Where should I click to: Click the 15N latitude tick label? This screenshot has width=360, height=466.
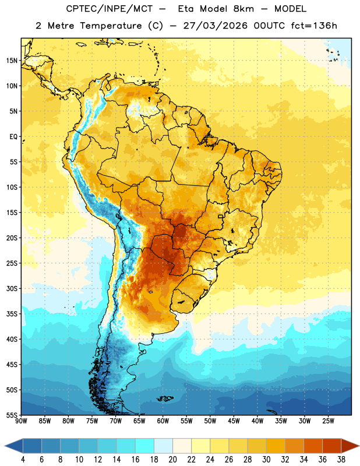[12, 61]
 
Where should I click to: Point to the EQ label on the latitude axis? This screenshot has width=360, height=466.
[13, 137]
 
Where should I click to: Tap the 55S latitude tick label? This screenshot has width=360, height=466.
[12, 415]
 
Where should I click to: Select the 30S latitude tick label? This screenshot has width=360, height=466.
[12, 288]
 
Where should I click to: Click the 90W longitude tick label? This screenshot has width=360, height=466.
[21, 421]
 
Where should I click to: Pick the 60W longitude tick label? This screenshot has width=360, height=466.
[163, 421]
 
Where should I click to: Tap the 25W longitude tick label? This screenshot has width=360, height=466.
[328, 421]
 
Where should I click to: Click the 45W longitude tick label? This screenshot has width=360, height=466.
[234, 421]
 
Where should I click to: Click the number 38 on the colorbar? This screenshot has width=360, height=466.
[341, 460]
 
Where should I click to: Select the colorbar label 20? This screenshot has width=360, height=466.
[172, 460]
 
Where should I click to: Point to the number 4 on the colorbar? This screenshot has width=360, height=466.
[23, 460]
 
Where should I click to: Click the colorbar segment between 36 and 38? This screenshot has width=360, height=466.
[332, 446]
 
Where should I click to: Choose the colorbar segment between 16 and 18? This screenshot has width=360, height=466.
[145, 446]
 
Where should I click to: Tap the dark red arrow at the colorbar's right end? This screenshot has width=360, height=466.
[350, 446]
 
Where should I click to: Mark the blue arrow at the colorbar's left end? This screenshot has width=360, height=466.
[14, 446]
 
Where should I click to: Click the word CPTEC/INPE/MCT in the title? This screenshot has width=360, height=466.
[110, 9]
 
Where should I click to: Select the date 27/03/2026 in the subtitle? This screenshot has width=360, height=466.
[215, 26]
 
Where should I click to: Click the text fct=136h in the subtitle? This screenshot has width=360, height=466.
[314, 26]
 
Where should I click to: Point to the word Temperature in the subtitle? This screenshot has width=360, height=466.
[111, 26]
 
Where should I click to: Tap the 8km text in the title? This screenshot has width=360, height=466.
[243, 9]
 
